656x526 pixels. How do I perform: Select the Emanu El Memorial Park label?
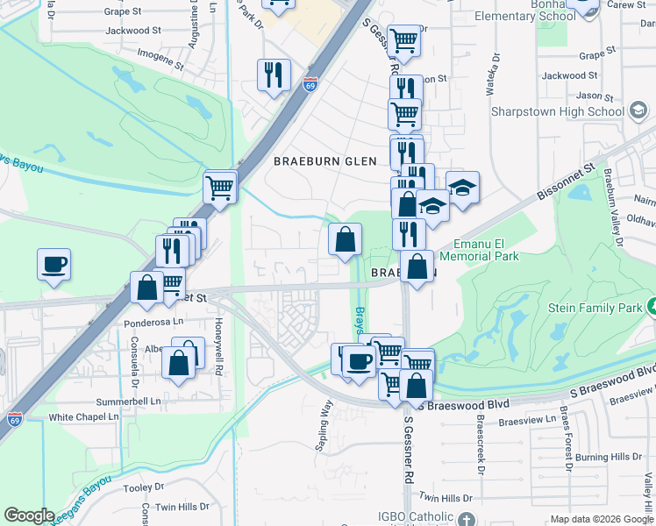coord(486,250)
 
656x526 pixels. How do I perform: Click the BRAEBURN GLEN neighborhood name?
coord(324,161)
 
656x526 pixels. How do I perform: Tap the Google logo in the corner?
coord(29,515)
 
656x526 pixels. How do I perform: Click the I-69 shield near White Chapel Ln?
coord(14,419)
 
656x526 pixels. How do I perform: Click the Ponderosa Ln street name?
coord(152,322)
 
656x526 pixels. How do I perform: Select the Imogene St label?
coord(160,59)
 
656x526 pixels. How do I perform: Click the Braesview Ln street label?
coord(527,420)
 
